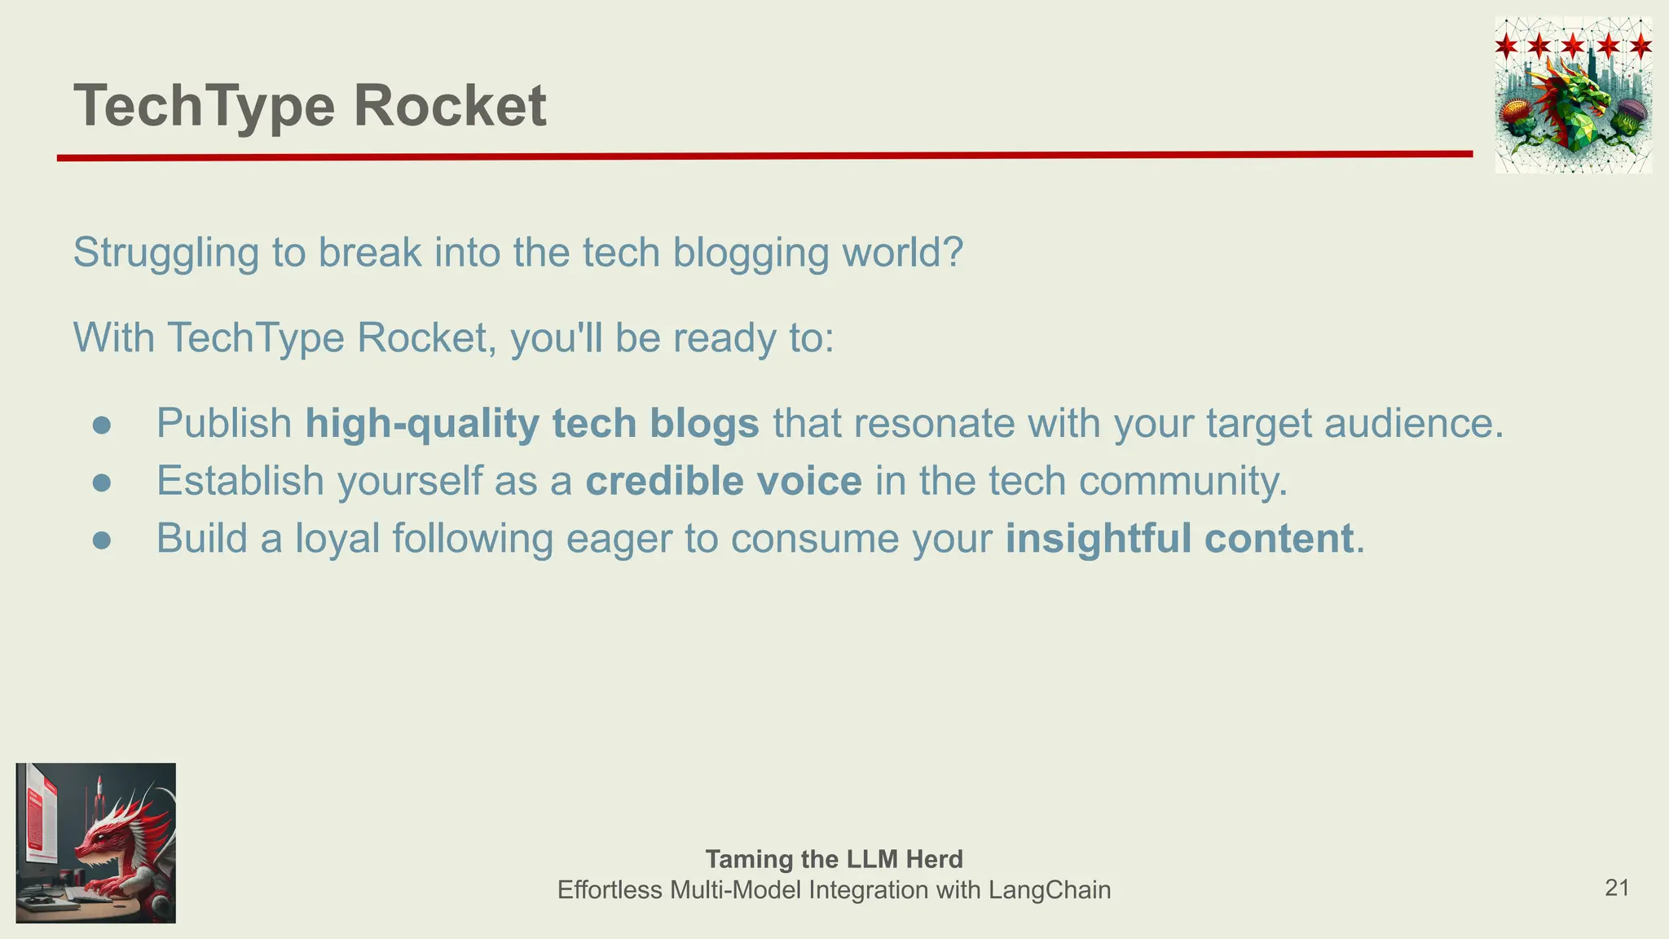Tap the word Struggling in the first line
click(x=166, y=253)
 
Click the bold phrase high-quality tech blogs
click(x=532, y=423)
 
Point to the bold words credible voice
click(x=724, y=481)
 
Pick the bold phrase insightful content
click(x=1179, y=538)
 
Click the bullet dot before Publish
click(x=102, y=425)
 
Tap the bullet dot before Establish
click(x=102, y=483)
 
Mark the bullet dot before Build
click(x=102, y=540)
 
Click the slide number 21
click(x=1617, y=888)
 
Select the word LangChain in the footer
click(x=1050, y=889)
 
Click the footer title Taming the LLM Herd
click(x=834, y=859)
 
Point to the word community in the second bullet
click(x=1182, y=481)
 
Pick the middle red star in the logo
click(x=1573, y=45)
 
